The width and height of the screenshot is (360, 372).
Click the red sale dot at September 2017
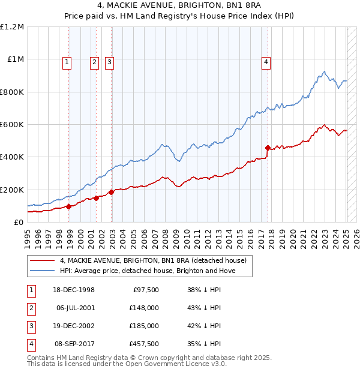[x=268, y=147]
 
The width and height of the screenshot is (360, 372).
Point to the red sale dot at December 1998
[x=69, y=206]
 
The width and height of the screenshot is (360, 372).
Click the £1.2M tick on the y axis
[x=13, y=27]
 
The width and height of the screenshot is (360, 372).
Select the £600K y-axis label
[x=12, y=125]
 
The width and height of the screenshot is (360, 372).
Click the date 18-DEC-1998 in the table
[x=73, y=290]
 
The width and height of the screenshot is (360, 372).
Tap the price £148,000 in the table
[x=143, y=308]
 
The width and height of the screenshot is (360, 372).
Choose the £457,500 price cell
[x=143, y=344]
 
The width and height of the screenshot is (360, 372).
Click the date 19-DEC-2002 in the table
[x=73, y=326]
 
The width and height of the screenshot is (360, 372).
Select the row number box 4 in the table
[x=31, y=344]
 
